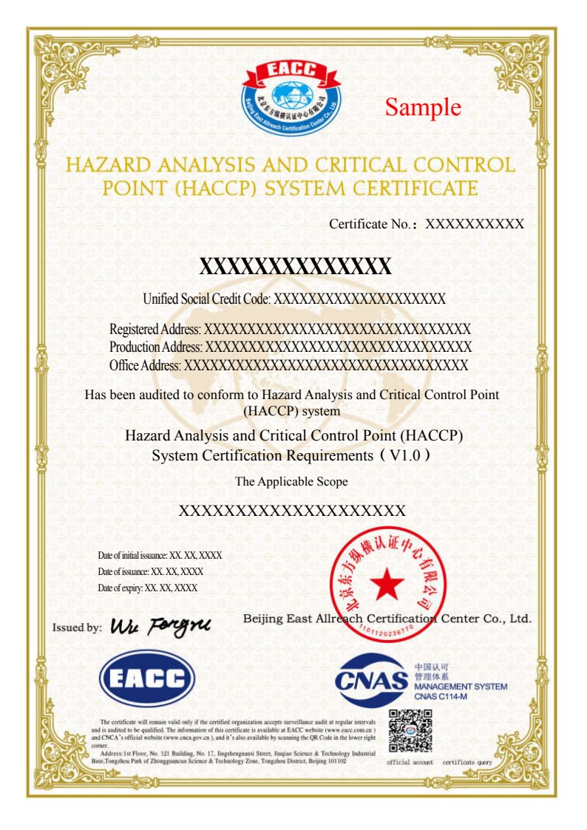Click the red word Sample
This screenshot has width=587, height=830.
pyautogui.click(x=423, y=107)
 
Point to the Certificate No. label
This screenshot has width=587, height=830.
pyautogui.click(x=373, y=224)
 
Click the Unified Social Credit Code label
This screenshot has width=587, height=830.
pyautogui.click(x=208, y=299)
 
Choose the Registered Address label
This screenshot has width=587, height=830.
pyautogui.click(x=155, y=329)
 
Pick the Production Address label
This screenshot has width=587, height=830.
pyautogui.click(x=156, y=347)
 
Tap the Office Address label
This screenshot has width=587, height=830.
pyautogui.click(x=146, y=364)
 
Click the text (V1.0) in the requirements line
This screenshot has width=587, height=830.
pyautogui.click(x=405, y=456)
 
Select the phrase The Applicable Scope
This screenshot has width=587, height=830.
pyautogui.click(x=291, y=481)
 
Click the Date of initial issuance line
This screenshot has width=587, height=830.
pyautogui.click(x=160, y=555)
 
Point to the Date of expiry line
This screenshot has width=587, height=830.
pyautogui.click(x=147, y=588)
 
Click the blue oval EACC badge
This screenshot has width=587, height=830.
pyautogui.click(x=147, y=678)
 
